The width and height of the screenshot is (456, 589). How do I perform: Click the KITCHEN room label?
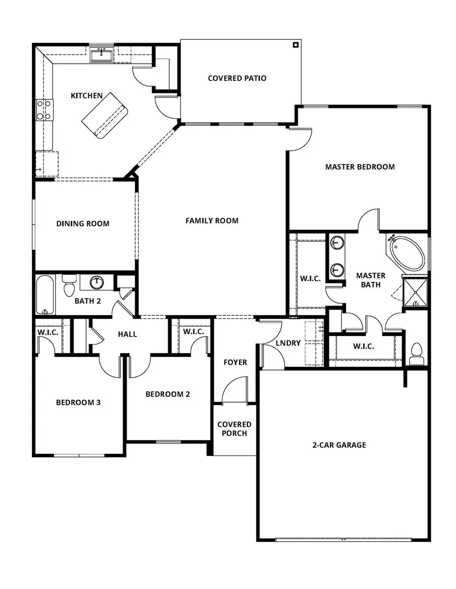click(x=87, y=96)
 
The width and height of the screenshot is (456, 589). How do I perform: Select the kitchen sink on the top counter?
click(x=102, y=54)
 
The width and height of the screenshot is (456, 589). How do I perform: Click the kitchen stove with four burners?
click(x=44, y=110)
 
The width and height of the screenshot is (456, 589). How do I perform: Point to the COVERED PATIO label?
click(x=237, y=78)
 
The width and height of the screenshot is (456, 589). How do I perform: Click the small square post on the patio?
click(x=295, y=45)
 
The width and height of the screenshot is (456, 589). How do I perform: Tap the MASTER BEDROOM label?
click(x=360, y=166)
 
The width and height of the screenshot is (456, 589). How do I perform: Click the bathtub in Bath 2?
click(x=45, y=295)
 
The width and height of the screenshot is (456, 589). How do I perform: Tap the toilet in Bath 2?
click(x=69, y=286)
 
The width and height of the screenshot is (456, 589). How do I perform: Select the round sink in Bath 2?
click(x=96, y=282)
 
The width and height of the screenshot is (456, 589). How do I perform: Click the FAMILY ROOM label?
click(x=212, y=221)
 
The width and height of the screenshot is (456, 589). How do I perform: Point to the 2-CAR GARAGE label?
click(x=339, y=445)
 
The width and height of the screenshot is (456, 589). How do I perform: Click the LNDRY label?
click(x=288, y=343)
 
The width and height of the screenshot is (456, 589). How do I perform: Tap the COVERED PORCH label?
click(x=234, y=429)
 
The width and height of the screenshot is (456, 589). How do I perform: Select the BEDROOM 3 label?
click(x=78, y=403)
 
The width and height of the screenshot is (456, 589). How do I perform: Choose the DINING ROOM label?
click(x=83, y=224)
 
